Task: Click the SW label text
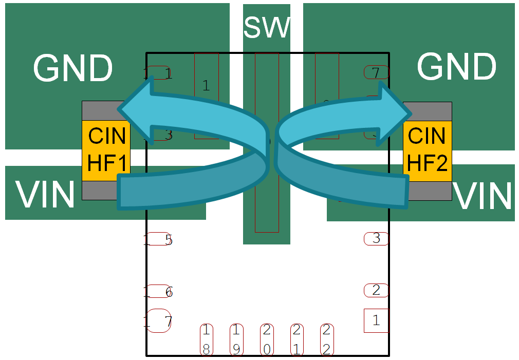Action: click(x=266, y=28)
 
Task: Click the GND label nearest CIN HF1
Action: click(x=72, y=68)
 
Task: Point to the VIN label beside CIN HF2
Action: click(x=484, y=196)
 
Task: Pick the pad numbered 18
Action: click(x=206, y=339)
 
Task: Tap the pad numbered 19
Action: click(x=236, y=339)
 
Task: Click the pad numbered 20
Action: click(x=267, y=339)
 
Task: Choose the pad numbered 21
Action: click(x=296, y=339)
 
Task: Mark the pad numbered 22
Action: click(x=326, y=339)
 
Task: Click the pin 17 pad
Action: click(x=158, y=321)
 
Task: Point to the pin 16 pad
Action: click(x=158, y=292)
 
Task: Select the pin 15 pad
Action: click(x=158, y=239)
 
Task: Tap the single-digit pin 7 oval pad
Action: click(x=376, y=73)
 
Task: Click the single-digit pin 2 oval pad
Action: click(x=376, y=290)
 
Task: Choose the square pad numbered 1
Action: click(x=376, y=320)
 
